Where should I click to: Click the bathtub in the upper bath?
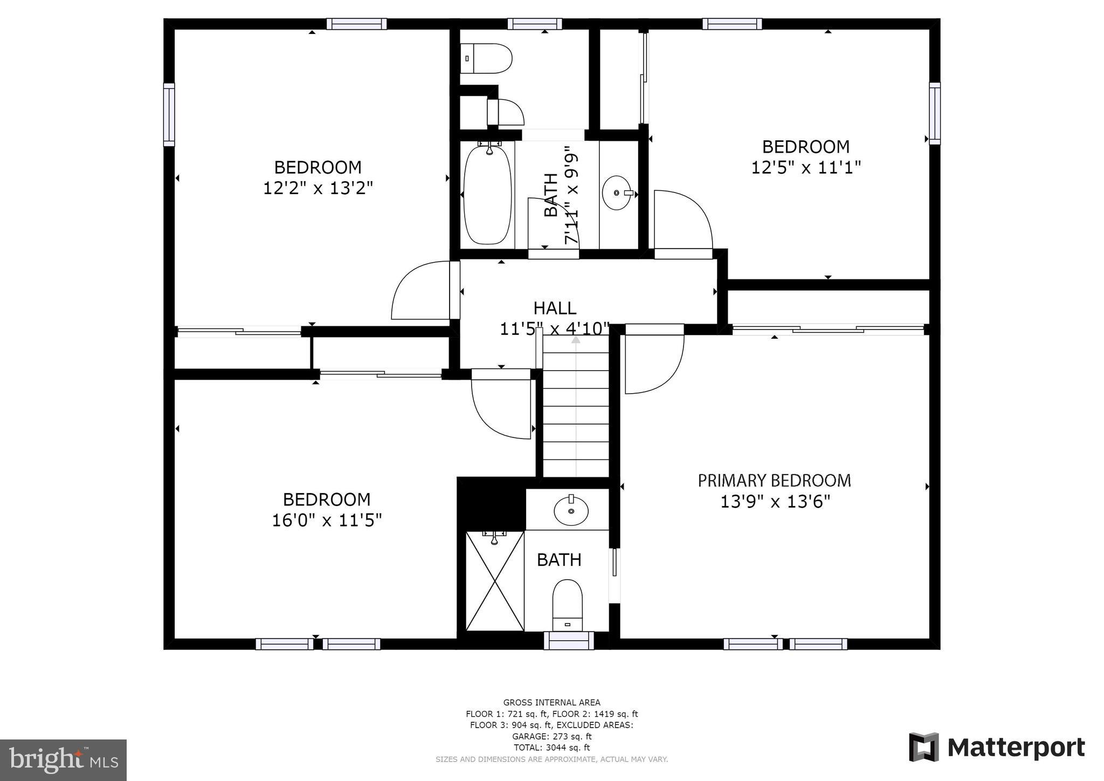coord(487,195)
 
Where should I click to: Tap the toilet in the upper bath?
coord(486,58)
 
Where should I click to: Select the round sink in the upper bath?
coord(617,193)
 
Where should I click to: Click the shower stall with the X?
coord(495,580)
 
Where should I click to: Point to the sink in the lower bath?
coord(571,510)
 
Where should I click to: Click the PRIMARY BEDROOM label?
coord(774,481)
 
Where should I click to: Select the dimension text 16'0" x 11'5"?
coord(327,520)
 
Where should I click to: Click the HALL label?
coord(555,309)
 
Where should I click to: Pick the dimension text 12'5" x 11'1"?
coord(806,168)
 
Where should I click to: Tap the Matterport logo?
coord(997,748)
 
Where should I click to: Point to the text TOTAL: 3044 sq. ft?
coord(551,748)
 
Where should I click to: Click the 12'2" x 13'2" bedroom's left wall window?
coord(169,114)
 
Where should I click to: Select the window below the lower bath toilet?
coord(569,641)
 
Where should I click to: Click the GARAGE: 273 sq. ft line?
coord(551,736)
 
